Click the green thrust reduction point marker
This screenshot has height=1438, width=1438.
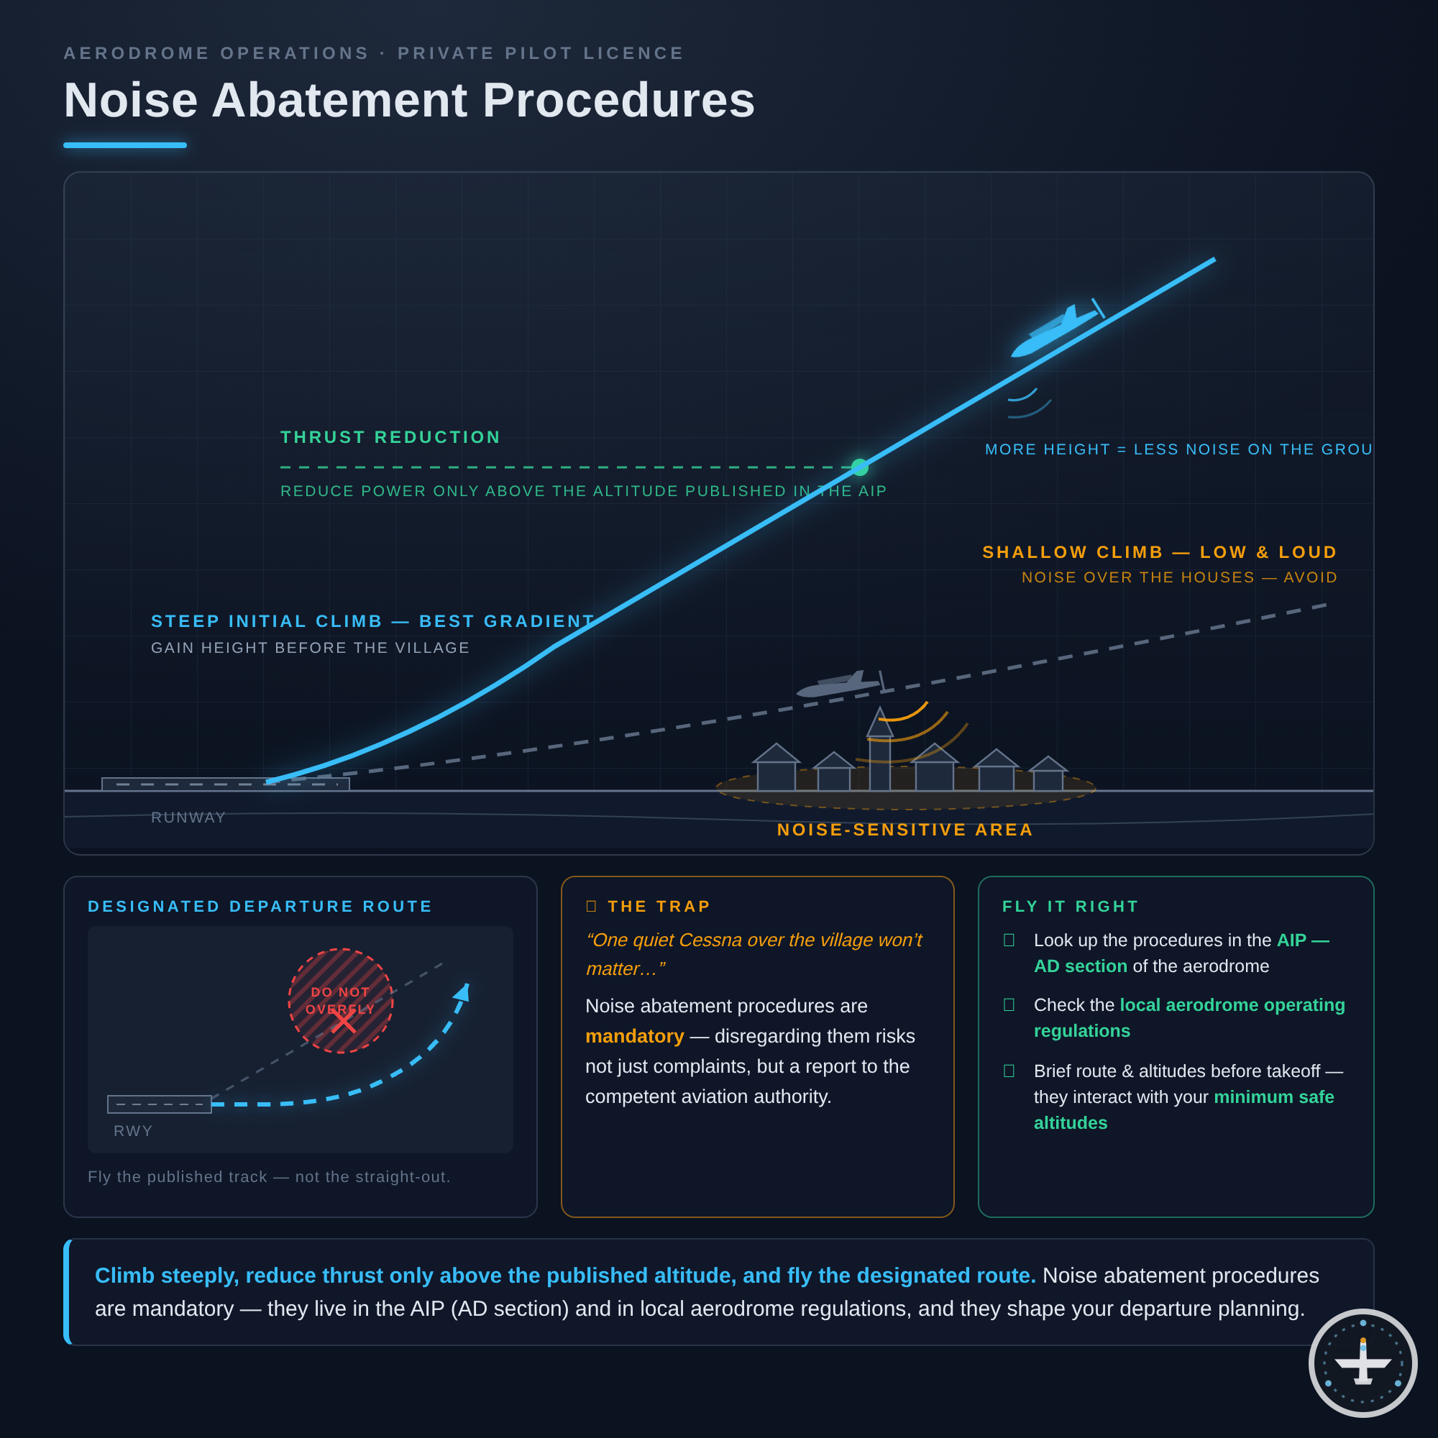pos(860,467)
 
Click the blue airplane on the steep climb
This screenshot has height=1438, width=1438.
pos(1057,329)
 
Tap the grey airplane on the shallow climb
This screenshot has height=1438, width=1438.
pos(841,683)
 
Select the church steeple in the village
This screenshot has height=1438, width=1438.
pos(880,747)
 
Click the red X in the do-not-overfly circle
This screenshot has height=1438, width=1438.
pos(343,1020)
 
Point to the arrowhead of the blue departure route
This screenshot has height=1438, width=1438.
pos(462,992)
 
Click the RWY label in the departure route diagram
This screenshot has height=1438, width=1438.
pos(133,1130)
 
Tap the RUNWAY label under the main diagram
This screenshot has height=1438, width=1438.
pos(188,818)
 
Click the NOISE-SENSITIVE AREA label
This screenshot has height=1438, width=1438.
pos(905,830)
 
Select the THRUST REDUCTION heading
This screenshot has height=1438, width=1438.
pos(390,437)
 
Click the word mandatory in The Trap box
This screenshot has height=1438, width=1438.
pos(635,1036)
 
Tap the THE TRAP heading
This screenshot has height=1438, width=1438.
pos(659,907)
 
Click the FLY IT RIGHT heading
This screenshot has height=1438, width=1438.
pos(1071,907)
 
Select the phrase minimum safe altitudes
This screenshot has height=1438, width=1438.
pos(1183,1109)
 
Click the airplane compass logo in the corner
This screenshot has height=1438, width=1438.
pos(1363,1363)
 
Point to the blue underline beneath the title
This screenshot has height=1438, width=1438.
pos(125,145)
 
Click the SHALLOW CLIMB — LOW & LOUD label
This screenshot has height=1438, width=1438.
pos(1160,552)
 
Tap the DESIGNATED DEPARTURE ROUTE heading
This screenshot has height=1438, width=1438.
pos(260,907)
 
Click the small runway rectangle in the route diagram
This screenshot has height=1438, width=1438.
pos(160,1104)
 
